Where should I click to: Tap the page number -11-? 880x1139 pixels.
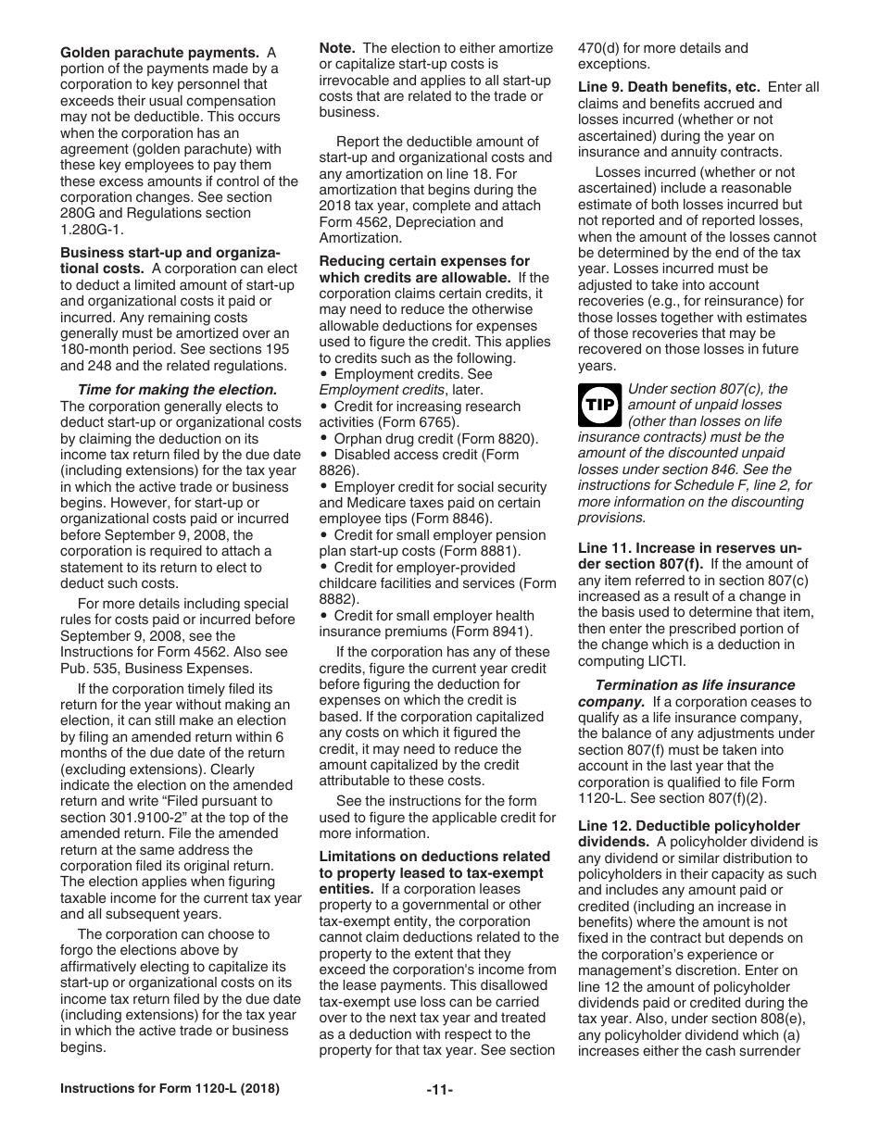439,1090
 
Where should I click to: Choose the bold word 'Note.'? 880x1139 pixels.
339,48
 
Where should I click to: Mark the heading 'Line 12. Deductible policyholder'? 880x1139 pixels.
689,826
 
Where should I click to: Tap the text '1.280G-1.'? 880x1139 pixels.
91,230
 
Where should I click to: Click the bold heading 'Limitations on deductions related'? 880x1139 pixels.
434,857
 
